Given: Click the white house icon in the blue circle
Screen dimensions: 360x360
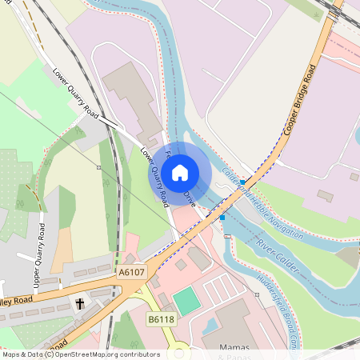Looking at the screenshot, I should (180, 172).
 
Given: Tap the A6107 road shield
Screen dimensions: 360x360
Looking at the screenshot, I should (131, 272).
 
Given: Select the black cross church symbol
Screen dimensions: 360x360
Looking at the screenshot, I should (80, 304).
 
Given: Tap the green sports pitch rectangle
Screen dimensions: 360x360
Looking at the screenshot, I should (186, 302).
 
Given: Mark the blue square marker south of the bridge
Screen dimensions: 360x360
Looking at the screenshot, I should (222, 217).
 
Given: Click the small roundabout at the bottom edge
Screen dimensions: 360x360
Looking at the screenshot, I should (181, 352).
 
